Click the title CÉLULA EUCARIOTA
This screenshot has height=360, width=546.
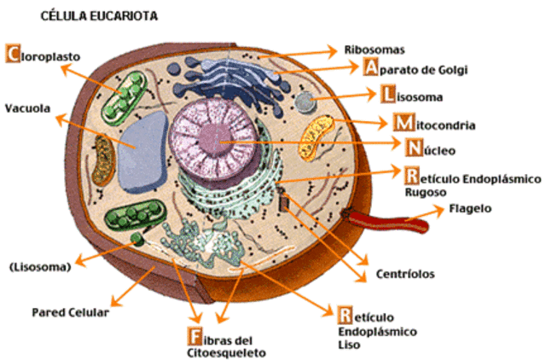click(99, 16)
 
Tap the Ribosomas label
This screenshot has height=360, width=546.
click(375, 49)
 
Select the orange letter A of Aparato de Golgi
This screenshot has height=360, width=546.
click(370, 67)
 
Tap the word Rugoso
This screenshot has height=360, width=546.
click(425, 192)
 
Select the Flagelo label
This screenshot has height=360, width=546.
click(470, 208)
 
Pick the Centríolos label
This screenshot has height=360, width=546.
click(405, 274)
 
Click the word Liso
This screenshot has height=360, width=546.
click(349, 345)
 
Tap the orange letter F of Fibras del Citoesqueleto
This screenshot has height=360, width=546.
click(195, 336)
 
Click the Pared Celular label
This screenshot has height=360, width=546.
click(70, 312)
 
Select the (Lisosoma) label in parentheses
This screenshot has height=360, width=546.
click(40, 267)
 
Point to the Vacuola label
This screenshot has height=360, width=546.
click(27, 108)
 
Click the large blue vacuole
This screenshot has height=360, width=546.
click(142, 153)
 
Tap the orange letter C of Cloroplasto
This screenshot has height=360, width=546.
click(13, 53)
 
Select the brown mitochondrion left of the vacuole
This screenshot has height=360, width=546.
click(103, 160)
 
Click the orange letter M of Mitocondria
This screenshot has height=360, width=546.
click(404, 122)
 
